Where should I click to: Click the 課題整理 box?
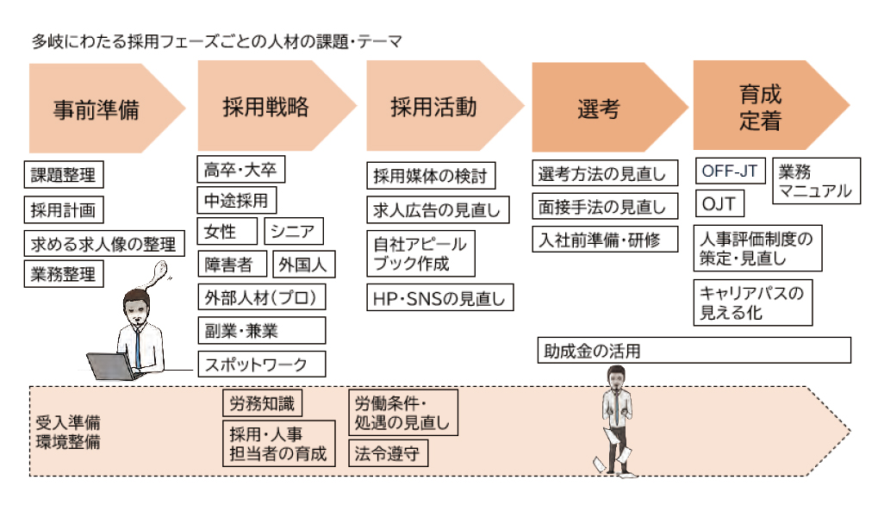(63, 175)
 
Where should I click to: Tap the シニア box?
(296, 231)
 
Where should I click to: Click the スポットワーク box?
(262, 364)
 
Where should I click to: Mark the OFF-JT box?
(729, 171)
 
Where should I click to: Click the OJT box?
(719, 204)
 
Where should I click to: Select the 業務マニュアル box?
(814, 180)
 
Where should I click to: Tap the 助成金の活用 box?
(694, 350)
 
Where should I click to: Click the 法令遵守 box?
(388, 452)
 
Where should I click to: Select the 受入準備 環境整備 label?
(68, 432)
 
